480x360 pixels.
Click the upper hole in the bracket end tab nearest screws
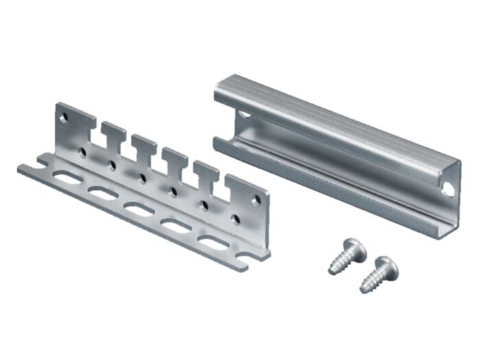[257, 200]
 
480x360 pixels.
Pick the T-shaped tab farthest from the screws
[113, 131]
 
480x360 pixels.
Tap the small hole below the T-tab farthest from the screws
[112, 165]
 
